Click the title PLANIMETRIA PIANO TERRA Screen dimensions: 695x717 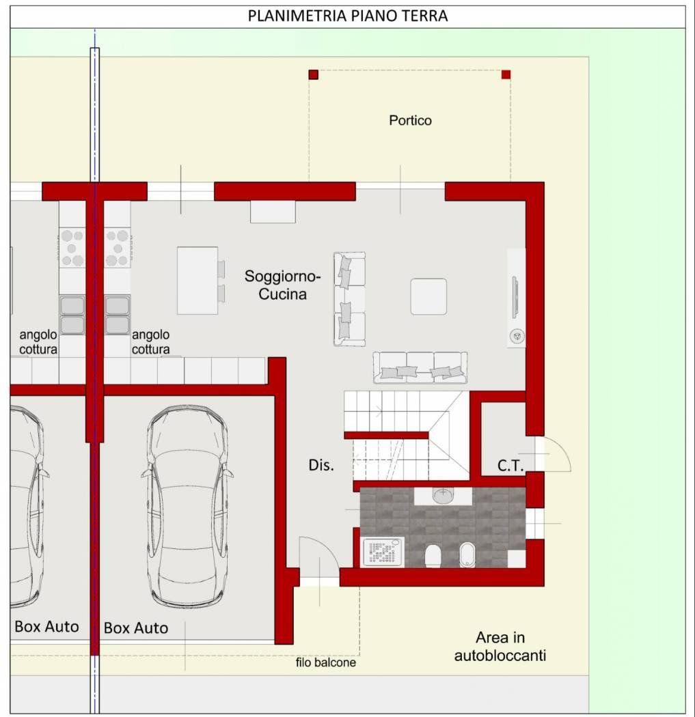348,16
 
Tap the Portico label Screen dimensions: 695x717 411,120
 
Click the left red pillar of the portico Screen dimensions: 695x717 314,74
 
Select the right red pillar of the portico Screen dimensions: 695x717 506,74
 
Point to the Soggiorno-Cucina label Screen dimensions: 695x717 282,285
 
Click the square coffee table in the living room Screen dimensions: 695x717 428,296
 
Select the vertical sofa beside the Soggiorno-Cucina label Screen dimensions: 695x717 350,298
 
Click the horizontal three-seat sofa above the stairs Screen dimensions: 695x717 420,367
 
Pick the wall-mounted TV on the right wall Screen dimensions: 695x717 515,297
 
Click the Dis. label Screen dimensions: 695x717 321,465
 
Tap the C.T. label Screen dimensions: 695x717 510,466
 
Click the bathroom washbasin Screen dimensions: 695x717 443,495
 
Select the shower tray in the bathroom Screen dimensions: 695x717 383,552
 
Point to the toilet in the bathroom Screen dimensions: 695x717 433,556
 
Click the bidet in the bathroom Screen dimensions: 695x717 467,554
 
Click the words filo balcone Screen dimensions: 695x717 326,662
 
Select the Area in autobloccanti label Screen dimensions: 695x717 500,646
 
